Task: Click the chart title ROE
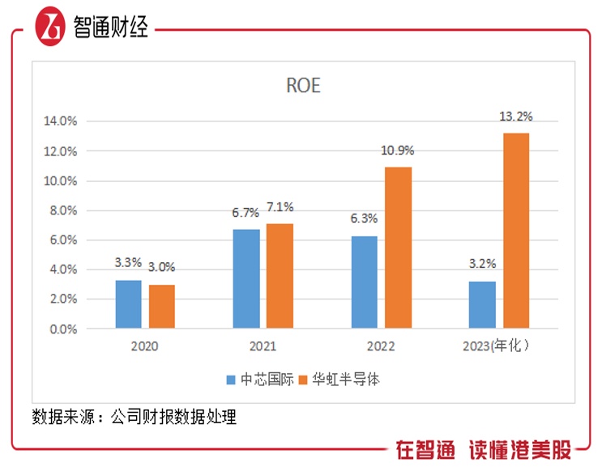[303, 86]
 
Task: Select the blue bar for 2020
[129, 304]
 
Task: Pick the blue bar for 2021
[246, 279]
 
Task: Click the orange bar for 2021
[280, 276]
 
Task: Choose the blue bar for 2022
[365, 282]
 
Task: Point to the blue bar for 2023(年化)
[482, 305]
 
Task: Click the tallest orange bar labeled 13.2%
[515, 231]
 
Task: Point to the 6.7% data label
[246, 214]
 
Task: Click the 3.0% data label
[162, 268]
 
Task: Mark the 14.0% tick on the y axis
[60, 121]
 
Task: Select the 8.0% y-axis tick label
[60, 210]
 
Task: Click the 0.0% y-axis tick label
[60, 329]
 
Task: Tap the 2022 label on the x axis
[381, 346]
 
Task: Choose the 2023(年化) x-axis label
[500, 346]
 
